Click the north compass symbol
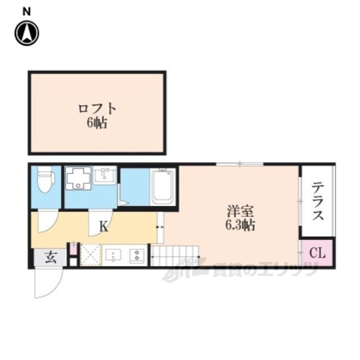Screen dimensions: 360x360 pyautogui.click(x=27, y=33)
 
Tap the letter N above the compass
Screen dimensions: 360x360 pyautogui.click(x=26, y=12)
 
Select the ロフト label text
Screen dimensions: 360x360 pyautogui.click(x=97, y=109)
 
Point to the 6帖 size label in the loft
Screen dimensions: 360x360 pyautogui.click(x=97, y=124)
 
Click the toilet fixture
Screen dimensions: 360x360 pyautogui.click(x=46, y=179)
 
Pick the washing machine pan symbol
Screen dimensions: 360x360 pyautogui.click(x=79, y=178)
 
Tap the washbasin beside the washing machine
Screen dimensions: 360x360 pyautogui.click(x=105, y=175)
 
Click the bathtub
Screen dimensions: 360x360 pyautogui.click(x=163, y=186)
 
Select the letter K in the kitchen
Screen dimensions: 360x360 pyautogui.click(x=103, y=227)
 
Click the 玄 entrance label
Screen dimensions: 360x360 pyautogui.click(x=51, y=258)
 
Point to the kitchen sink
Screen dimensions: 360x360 pyautogui.click(x=113, y=255)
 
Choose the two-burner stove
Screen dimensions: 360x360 pyautogui.click(x=137, y=255)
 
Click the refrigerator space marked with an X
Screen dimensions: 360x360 pyautogui.click(x=91, y=255)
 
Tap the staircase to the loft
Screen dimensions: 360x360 pyautogui.click(x=174, y=256)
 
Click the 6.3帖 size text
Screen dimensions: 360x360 pyautogui.click(x=240, y=225)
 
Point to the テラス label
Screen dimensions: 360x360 pyautogui.click(x=318, y=201)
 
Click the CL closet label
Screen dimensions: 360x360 pyautogui.click(x=317, y=253)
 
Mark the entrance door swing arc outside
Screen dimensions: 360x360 pyautogui.click(x=53, y=289)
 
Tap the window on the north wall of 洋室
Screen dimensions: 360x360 pyautogui.click(x=240, y=164)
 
